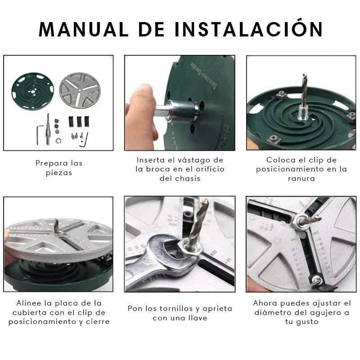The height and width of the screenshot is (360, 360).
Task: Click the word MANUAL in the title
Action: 84,29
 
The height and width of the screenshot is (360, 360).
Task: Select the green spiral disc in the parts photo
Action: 33,91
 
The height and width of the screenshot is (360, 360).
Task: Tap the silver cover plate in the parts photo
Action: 80,91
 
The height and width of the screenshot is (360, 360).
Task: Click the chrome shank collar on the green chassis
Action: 184,111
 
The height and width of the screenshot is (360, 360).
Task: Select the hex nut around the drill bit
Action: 191,248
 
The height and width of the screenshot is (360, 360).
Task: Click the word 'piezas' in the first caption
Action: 59,173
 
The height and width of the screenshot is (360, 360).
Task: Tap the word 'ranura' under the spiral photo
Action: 301,178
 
